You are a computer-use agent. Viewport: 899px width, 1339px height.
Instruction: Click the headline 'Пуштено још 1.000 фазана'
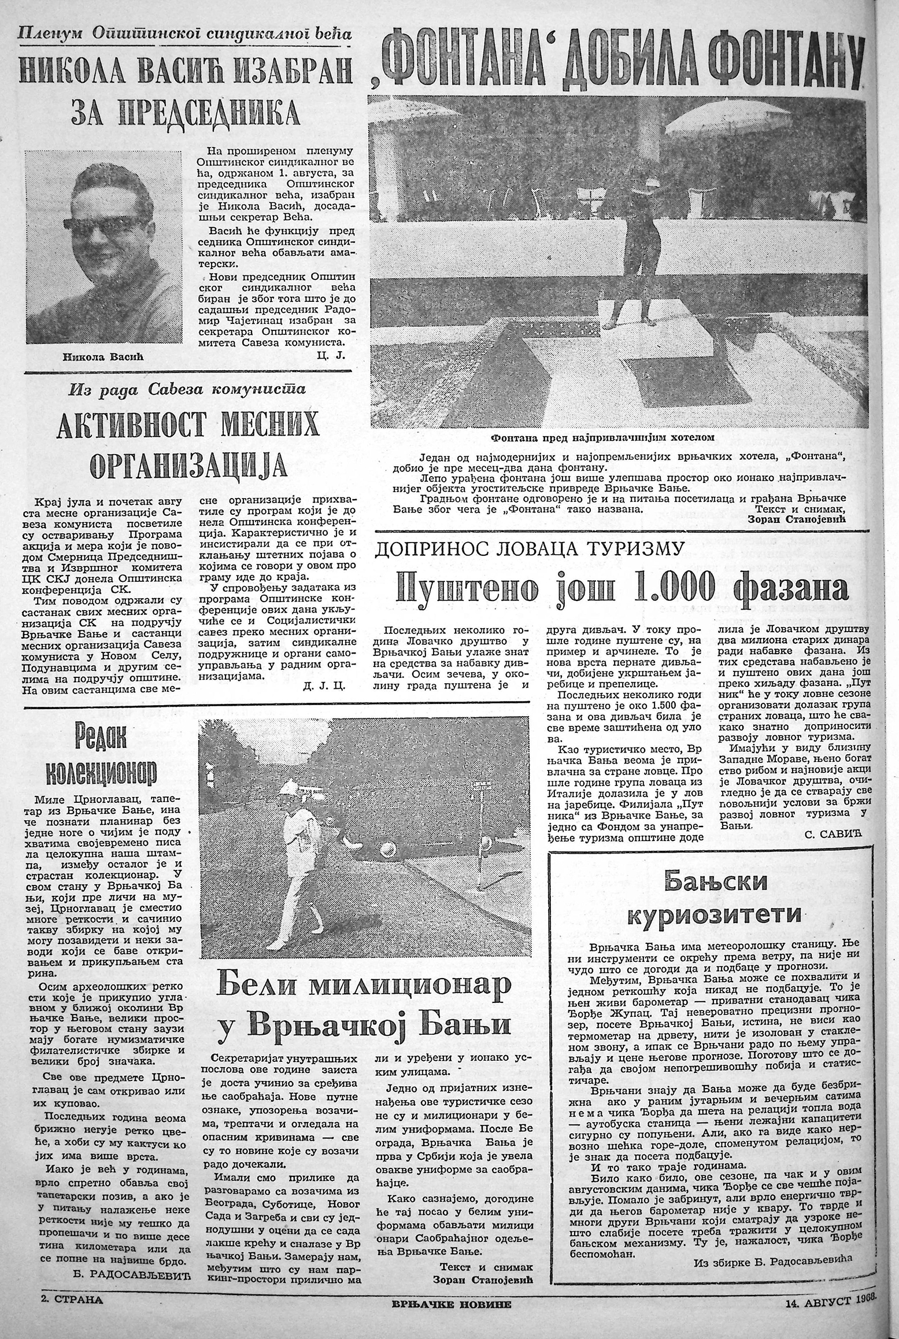click(622, 589)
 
